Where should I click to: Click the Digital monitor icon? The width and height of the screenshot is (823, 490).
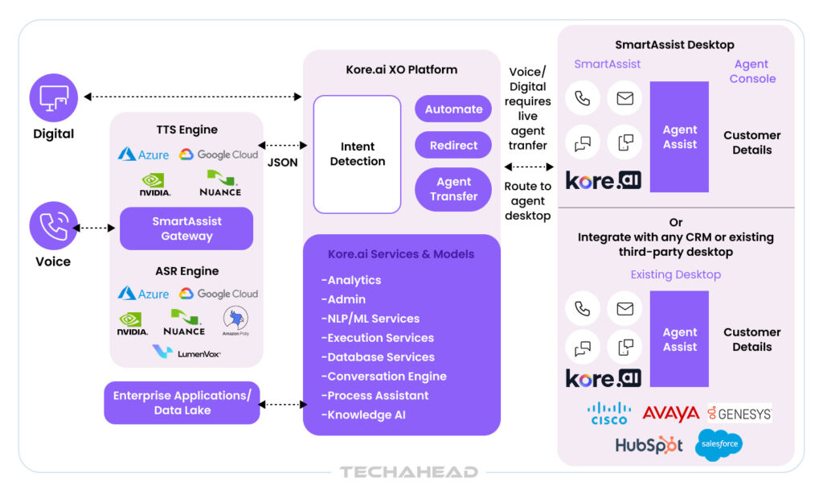point(54,97)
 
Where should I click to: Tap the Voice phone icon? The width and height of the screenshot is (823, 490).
point(54,225)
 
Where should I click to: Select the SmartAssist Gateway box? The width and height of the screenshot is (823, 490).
point(186,229)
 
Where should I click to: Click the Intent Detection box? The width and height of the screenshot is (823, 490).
point(357,154)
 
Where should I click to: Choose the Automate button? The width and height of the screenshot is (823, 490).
point(453,109)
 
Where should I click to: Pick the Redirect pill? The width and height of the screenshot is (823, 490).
point(453,146)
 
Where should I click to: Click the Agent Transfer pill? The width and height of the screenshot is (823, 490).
point(453,189)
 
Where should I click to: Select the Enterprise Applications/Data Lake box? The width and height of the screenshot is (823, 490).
point(182,403)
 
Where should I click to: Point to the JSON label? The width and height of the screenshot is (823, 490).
point(282,163)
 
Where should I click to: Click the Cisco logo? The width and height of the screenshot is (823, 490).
point(609,414)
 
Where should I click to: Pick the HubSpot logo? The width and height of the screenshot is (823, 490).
point(649,445)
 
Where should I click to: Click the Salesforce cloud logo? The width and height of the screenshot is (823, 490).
point(719,444)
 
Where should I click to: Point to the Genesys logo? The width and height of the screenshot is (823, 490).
point(739,414)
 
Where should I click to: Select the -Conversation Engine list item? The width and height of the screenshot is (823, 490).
point(384,377)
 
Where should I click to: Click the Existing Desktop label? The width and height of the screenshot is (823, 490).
point(675,274)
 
